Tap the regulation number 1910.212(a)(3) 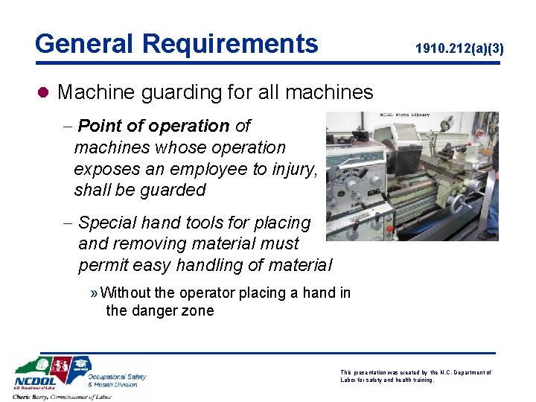459,49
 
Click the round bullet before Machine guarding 43,92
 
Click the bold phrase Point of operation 153,127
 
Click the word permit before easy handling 102,265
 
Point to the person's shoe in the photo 488,235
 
